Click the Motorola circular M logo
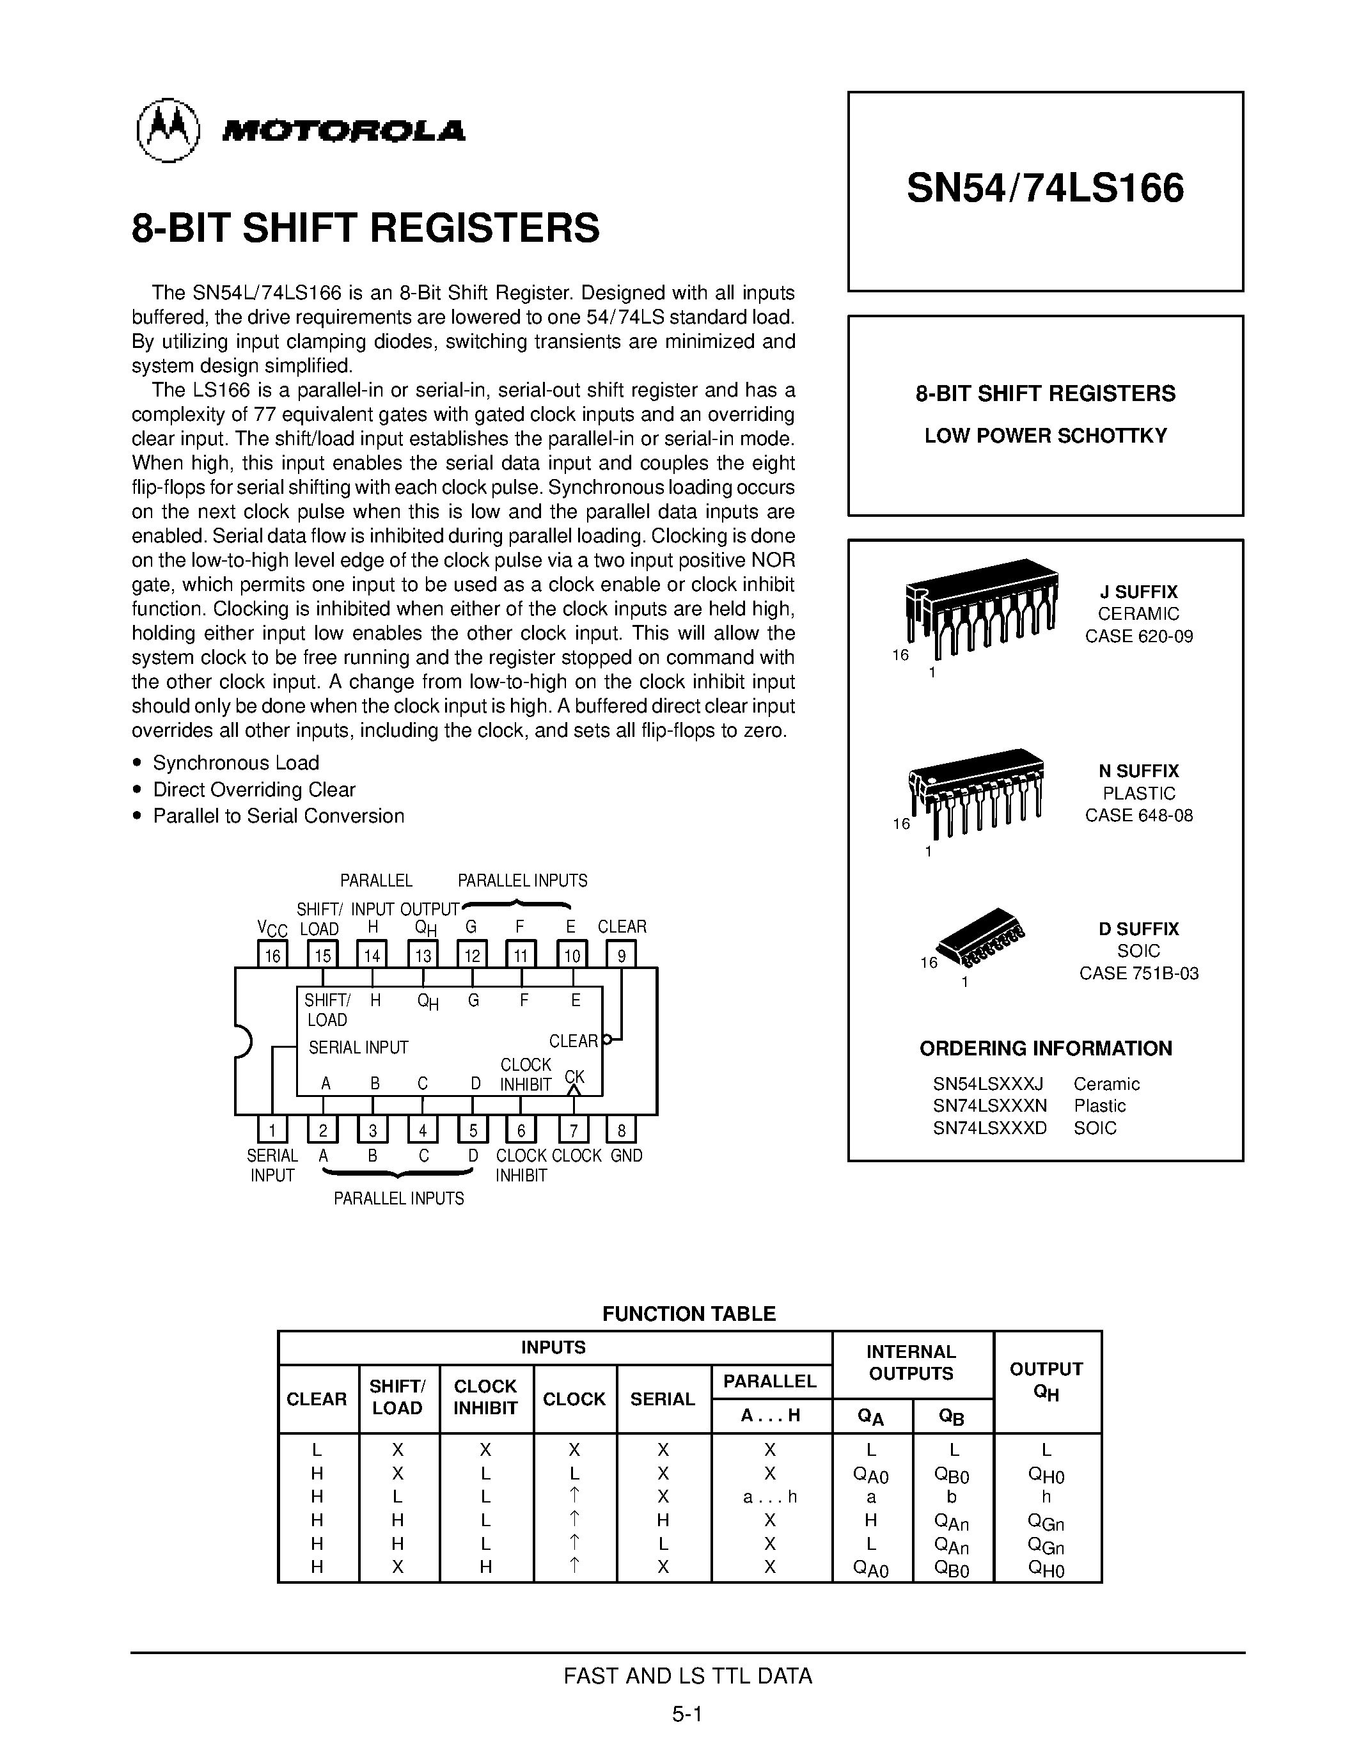168,130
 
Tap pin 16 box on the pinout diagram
273,955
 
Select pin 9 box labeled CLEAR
621,955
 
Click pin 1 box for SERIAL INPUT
273,1130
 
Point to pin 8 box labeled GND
621,1130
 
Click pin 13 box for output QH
423,955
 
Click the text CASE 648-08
1138,815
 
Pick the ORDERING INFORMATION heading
1045,1048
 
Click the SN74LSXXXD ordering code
989,1128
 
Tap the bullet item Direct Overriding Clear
254,789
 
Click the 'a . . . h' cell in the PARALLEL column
769,1497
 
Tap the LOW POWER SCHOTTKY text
1045,436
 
